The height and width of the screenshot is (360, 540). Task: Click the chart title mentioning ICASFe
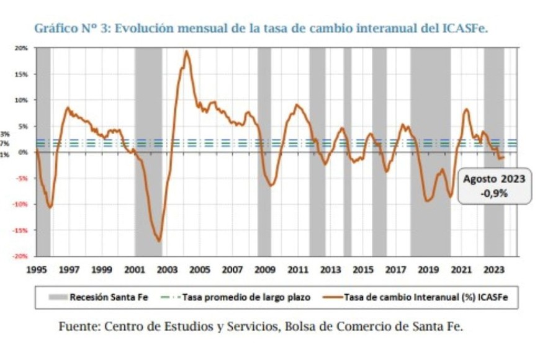click(x=261, y=29)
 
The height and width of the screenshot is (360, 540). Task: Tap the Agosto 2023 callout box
click(x=494, y=186)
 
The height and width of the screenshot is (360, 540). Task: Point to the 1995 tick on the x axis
click(x=37, y=269)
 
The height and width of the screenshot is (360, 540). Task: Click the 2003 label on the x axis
click(x=167, y=269)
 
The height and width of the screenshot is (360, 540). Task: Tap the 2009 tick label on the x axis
click(x=265, y=269)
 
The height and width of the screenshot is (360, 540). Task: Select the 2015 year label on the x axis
click(x=363, y=269)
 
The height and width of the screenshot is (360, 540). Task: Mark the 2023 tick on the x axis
click(x=493, y=269)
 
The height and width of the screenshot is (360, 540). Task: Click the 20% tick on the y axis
click(x=22, y=48)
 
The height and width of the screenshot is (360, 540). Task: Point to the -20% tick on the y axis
click(x=21, y=256)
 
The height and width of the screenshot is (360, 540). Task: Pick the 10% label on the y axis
click(x=22, y=100)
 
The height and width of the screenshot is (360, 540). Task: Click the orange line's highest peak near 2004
click(x=186, y=52)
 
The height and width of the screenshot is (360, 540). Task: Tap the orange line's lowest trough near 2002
click(x=159, y=241)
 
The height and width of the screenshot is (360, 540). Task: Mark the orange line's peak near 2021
click(x=466, y=110)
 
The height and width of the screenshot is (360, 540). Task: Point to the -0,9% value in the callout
click(x=494, y=193)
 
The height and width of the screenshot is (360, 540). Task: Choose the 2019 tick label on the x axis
click(x=428, y=269)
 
